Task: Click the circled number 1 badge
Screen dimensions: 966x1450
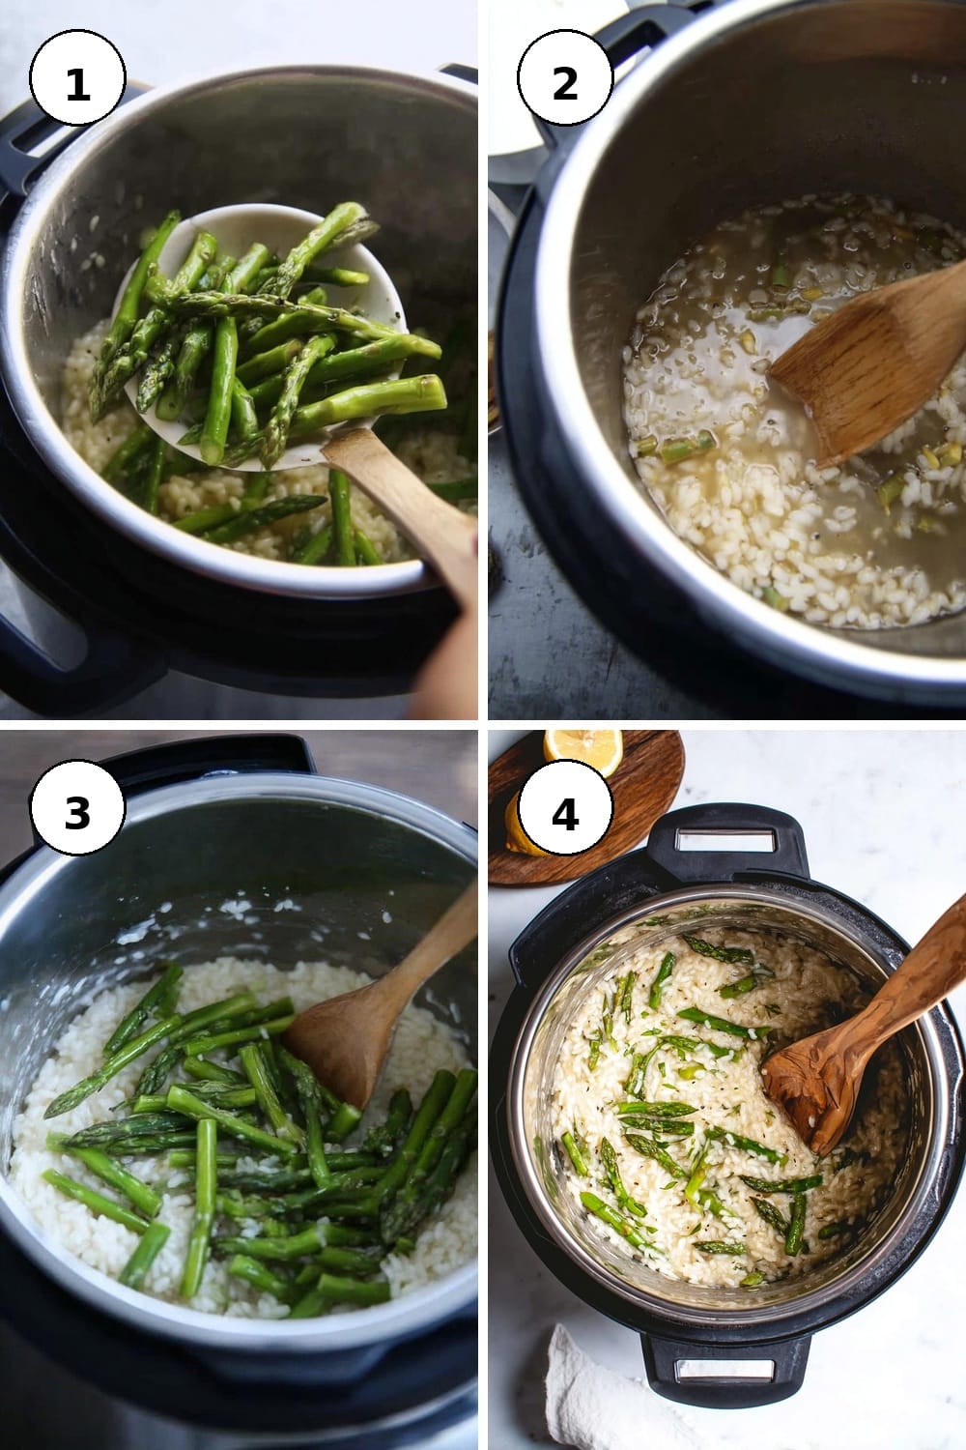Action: [77, 77]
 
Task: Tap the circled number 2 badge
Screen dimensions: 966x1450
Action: [565, 77]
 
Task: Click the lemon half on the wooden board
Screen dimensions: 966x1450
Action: [582, 751]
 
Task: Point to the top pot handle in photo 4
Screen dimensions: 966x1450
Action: [724, 842]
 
